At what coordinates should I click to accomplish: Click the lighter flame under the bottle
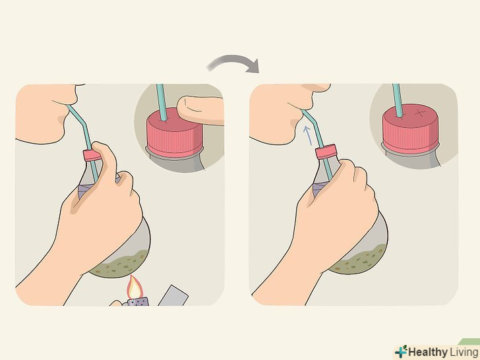coord(134,287)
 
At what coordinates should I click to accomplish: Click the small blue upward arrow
coord(307,135)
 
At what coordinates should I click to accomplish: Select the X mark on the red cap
coord(421,113)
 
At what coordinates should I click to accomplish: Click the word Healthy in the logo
coord(427,352)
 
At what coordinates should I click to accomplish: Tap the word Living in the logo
coord(464,352)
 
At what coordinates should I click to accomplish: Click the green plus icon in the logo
coord(401,351)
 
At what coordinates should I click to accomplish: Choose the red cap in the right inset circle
coord(410,129)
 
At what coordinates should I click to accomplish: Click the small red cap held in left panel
coord(91,155)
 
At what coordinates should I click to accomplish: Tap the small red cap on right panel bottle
coord(326,152)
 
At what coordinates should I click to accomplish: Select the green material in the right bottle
coord(358,259)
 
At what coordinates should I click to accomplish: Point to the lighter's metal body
coord(138,302)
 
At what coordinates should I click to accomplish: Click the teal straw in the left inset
coord(162,103)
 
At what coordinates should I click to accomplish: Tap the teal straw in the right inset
coord(398,100)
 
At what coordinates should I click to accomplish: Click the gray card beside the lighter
coord(173,295)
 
